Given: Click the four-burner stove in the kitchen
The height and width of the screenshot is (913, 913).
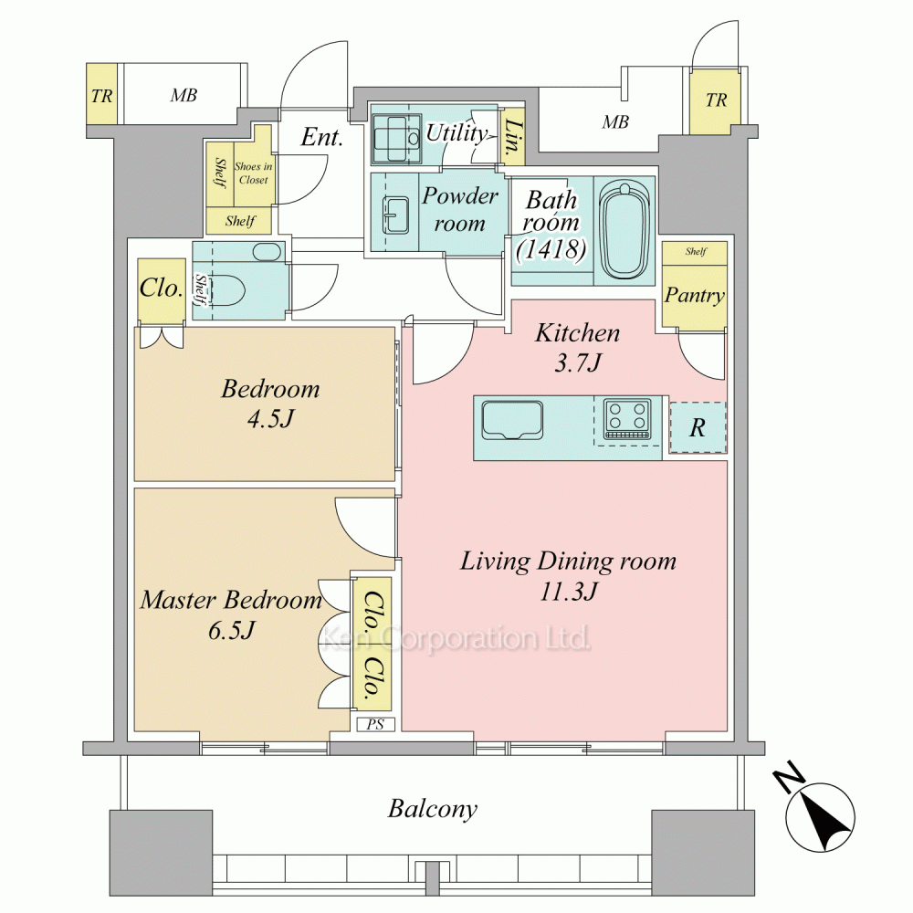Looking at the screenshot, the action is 627,418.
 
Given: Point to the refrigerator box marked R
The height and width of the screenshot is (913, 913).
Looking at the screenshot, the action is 698,428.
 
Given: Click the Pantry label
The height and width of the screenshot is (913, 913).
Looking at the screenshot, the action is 695,295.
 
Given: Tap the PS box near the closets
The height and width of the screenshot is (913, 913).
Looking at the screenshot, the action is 375,724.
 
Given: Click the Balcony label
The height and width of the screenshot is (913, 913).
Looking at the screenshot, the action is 433,809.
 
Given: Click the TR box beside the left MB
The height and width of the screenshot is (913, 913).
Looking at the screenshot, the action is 102,94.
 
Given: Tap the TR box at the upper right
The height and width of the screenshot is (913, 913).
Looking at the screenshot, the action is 716,100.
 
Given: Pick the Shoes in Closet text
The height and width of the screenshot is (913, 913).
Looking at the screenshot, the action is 253,173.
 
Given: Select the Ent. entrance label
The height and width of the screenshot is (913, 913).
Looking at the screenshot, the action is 321,138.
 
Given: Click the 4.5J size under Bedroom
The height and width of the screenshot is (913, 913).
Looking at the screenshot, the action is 271,419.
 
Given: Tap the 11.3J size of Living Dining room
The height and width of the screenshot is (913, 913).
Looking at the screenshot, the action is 568,592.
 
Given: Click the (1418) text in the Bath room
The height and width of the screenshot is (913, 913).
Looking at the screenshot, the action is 551,249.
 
